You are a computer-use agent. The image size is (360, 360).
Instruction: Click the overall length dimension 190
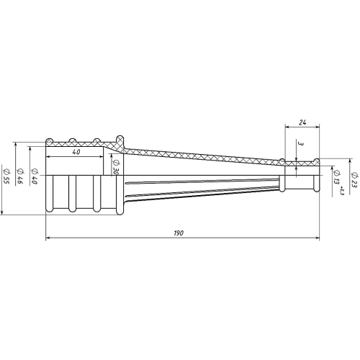pyautogui.click(x=179, y=233)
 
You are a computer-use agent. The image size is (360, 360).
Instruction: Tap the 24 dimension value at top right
pyautogui.click(x=302, y=122)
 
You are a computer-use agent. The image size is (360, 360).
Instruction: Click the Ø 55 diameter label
pyautogui.click(x=6, y=176)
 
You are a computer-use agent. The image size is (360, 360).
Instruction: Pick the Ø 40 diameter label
pyautogui.click(x=35, y=176)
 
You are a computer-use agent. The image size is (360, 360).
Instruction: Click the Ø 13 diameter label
pyautogui.click(x=336, y=177)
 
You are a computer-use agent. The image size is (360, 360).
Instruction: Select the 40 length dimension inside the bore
pyautogui.click(x=76, y=152)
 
